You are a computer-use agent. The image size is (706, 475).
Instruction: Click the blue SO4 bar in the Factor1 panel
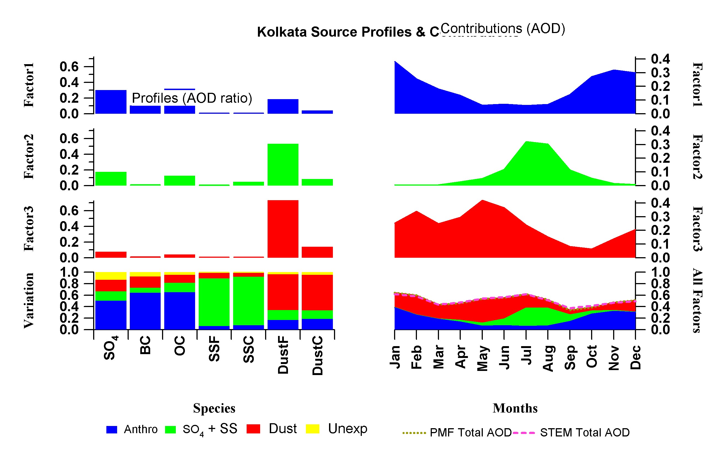click(111, 102)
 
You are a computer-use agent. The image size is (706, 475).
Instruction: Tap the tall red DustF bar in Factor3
click(283, 229)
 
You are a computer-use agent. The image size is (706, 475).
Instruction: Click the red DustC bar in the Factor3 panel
click(317, 252)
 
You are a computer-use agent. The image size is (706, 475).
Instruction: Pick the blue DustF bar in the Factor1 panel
click(283, 106)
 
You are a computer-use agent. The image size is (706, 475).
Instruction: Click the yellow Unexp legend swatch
click(312, 429)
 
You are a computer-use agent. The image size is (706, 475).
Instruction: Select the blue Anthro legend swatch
click(112, 430)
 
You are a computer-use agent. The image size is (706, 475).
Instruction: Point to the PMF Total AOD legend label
click(470, 433)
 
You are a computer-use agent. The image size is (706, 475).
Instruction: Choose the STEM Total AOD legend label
click(585, 433)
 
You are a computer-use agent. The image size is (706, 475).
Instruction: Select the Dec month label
click(635, 357)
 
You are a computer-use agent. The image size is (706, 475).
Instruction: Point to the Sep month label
click(570, 357)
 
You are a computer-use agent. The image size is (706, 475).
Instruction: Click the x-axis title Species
click(214, 408)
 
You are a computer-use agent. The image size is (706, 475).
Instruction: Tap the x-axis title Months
click(515, 408)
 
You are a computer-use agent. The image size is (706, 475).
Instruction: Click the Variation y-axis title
click(29, 300)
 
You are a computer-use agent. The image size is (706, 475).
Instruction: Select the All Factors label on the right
click(697, 300)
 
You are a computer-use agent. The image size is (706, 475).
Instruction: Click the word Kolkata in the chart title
click(282, 32)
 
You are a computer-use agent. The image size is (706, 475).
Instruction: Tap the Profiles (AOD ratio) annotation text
click(192, 98)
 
